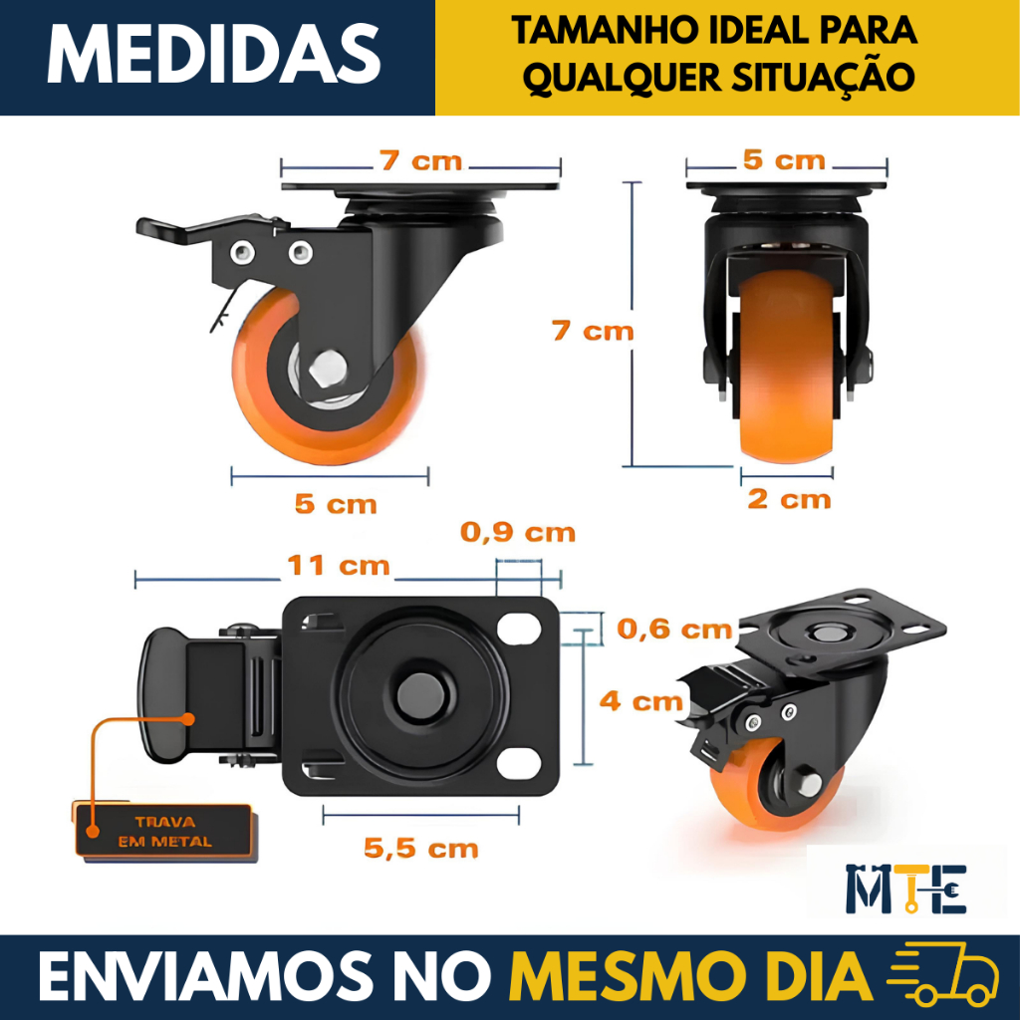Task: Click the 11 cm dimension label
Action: tap(339, 566)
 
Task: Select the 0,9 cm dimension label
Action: tap(518, 533)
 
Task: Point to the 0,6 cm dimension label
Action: tap(674, 630)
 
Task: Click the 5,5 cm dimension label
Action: tap(421, 849)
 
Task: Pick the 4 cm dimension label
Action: tap(641, 701)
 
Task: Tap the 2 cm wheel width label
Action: tap(789, 500)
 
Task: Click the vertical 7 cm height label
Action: tap(593, 331)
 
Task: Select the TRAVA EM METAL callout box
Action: tap(163, 832)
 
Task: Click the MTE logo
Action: tap(905, 889)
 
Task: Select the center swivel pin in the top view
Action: tap(421, 694)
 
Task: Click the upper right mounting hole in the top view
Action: tap(519, 628)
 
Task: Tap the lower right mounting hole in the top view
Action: tap(519, 764)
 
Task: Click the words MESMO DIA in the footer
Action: tap(690, 978)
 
